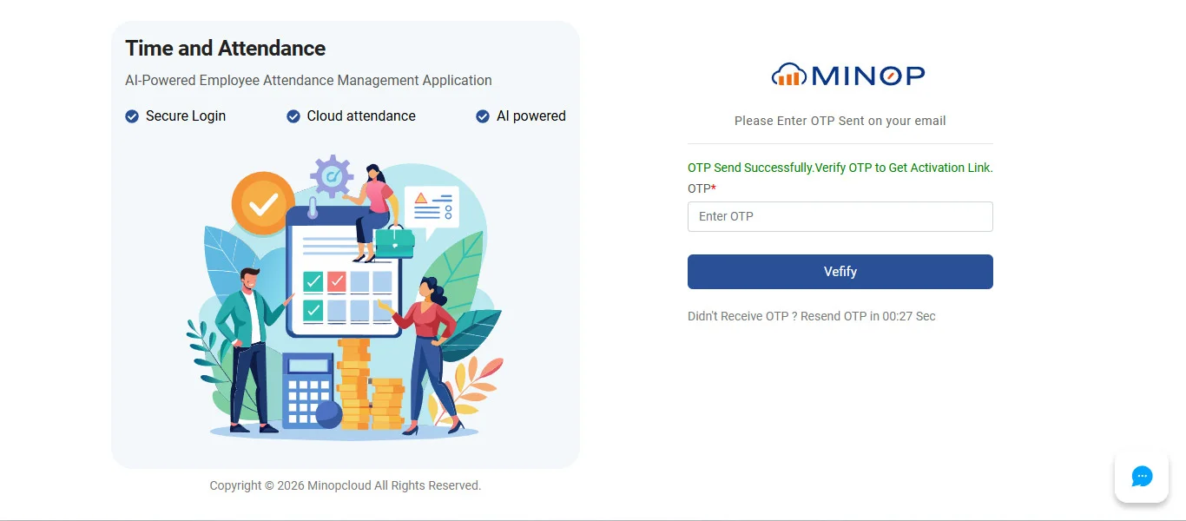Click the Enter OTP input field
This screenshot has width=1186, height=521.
point(840,216)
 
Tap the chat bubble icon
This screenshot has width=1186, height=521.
point(1142,477)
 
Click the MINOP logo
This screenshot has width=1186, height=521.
point(848,75)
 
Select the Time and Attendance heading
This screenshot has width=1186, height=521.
point(225,48)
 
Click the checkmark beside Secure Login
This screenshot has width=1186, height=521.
point(132,116)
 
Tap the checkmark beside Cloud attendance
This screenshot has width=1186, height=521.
point(293,116)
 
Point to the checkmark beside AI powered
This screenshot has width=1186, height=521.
point(483,116)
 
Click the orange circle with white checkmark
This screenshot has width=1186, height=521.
point(263,203)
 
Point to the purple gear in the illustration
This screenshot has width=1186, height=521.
point(332,176)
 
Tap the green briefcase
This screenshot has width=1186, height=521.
point(395,243)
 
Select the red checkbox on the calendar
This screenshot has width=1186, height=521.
point(336,281)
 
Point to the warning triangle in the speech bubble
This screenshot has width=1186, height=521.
point(421,199)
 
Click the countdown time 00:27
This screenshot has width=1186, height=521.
point(898,317)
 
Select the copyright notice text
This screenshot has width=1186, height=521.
point(346,485)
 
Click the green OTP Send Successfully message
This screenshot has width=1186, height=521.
point(840,168)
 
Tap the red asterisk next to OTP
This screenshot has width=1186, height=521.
point(714,187)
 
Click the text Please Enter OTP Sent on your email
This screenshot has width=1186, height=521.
point(840,122)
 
